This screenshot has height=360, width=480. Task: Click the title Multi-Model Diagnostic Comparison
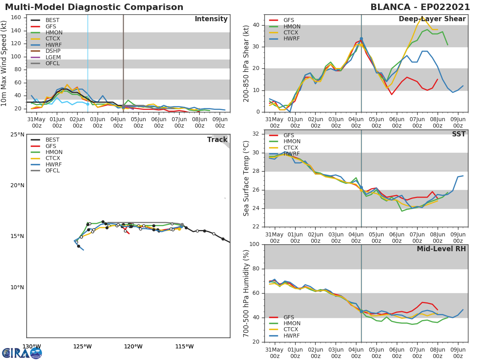tap(94, 7)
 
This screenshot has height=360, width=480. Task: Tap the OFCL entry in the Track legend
tap(52, 170)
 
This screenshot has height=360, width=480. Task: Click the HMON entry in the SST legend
tap(292, 142)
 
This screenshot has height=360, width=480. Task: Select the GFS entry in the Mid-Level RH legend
tap(288, 317)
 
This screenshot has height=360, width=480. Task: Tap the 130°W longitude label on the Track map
tap(31, 346)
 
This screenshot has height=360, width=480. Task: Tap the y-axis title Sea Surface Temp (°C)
tap(246, 178)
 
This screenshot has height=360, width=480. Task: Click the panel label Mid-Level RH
tap(441, 249)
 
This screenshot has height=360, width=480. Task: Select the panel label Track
tap(217, 140)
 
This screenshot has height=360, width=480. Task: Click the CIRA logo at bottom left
tap(22, 353)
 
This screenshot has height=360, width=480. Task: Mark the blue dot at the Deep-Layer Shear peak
tap(361, 39)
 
